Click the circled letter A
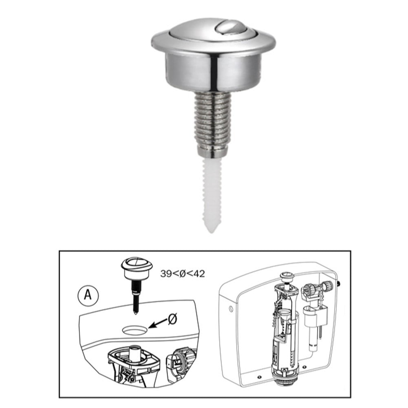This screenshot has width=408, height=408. click(x=88, y=295)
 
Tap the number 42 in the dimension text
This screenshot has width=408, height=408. click(x=198, y=273)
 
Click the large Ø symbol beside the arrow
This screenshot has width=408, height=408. click(x=173, y=319)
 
